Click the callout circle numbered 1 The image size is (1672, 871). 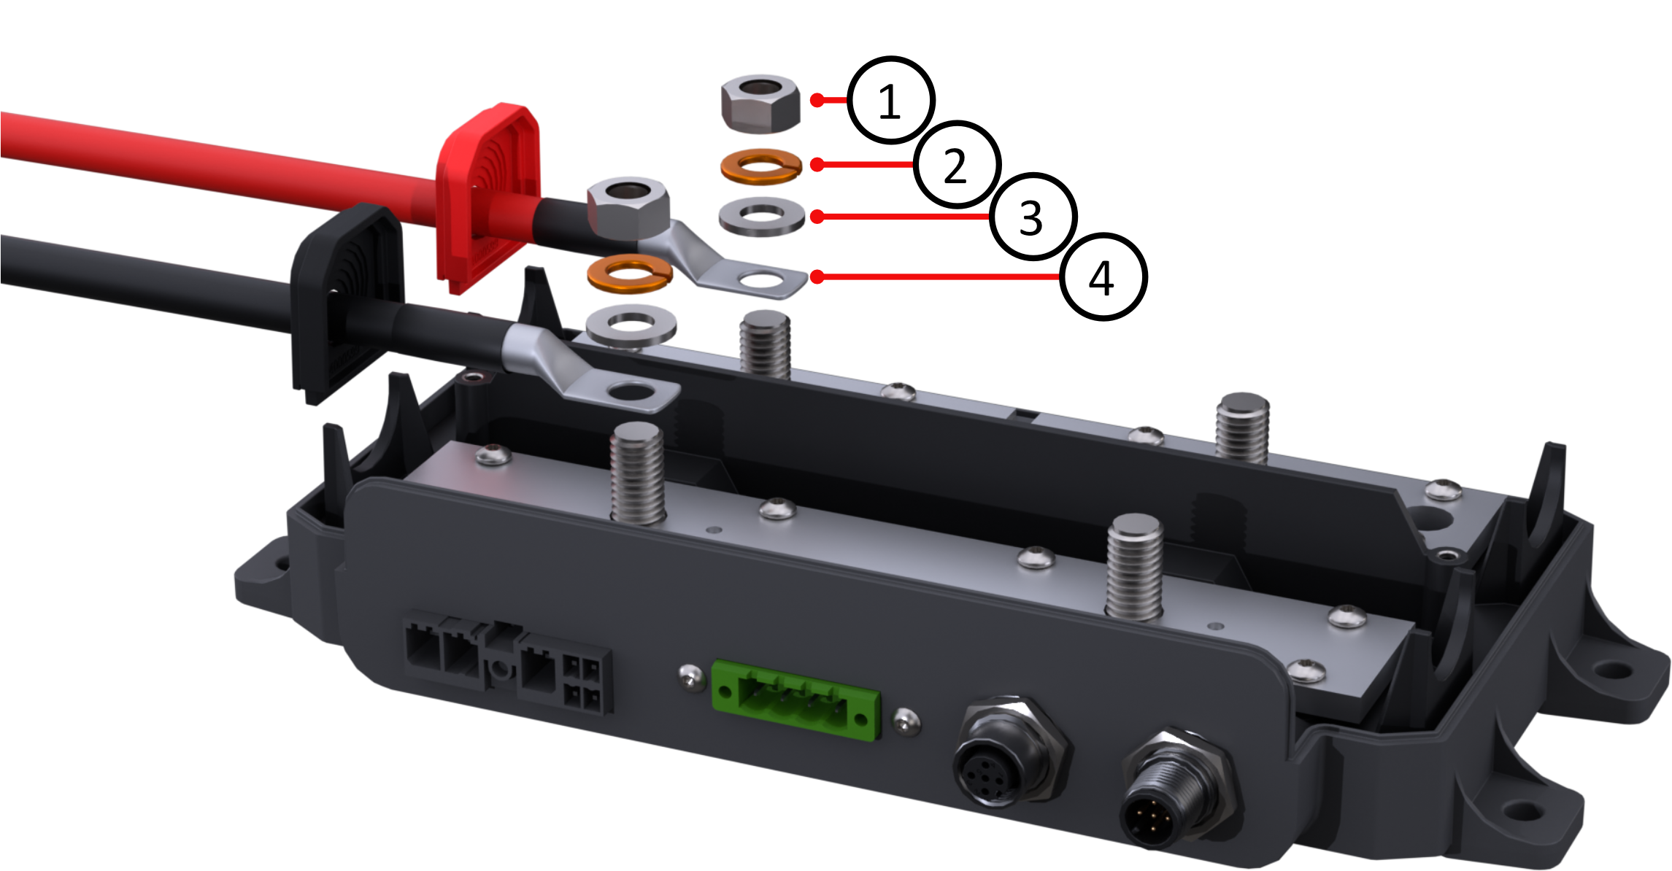click(x=890, y=100)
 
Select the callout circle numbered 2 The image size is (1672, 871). click(x=956, y=165)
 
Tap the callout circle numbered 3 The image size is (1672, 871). click(x=1032, y=217)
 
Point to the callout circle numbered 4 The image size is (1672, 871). click(x=1103, y=277)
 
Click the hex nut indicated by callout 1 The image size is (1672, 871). click(x=760, y=104)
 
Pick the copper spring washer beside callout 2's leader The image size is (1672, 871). click(x=761, y=166)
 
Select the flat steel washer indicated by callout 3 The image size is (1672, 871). click(x=762, y=217)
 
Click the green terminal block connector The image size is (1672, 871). click(x=796, y=700)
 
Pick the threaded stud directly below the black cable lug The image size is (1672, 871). click(x=638, y=474)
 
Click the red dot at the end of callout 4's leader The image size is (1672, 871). click(x=817, y=277)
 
